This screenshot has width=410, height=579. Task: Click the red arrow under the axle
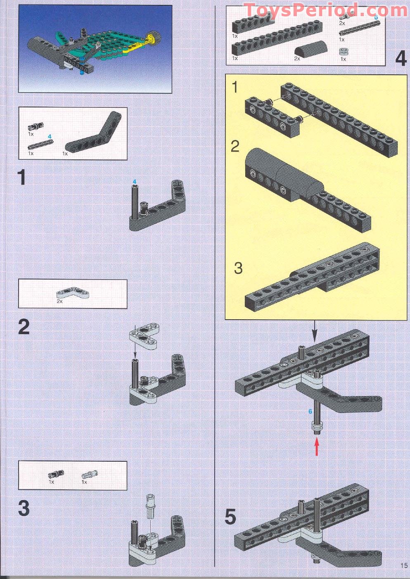coord(317,447)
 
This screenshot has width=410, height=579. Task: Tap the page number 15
coord(403,565)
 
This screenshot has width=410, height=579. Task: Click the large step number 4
coord(401,58)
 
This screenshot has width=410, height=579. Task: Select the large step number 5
coord(230,517)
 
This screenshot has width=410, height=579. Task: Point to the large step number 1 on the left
coord(22,178)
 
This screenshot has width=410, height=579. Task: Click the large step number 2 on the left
coord(24,327)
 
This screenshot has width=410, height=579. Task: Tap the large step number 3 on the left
coord(24,508)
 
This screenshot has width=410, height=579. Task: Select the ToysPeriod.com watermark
coord(325,10)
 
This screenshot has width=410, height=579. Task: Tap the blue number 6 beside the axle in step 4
coord(310,411)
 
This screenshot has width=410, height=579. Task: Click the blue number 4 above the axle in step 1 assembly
coord(134,182)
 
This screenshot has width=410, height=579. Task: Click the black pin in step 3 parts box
coord(56,475)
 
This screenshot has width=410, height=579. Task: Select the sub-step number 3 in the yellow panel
coord(238,268)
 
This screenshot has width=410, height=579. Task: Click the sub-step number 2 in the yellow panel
coord(235,146)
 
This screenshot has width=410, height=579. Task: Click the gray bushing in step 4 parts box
coord(343,52)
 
